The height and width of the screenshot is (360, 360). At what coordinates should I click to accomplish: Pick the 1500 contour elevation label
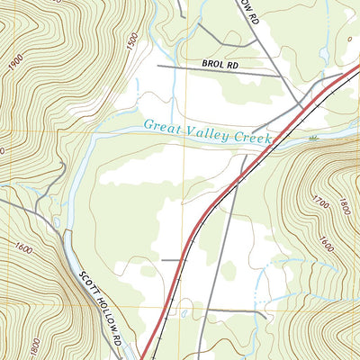pyautogui.click(x=134, y=41)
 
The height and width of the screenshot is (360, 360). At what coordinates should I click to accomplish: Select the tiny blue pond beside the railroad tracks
pyautogui.click(x=184, y=312)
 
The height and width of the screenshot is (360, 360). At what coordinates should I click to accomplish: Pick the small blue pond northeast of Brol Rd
pyautogui.click(x=348, y=39)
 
